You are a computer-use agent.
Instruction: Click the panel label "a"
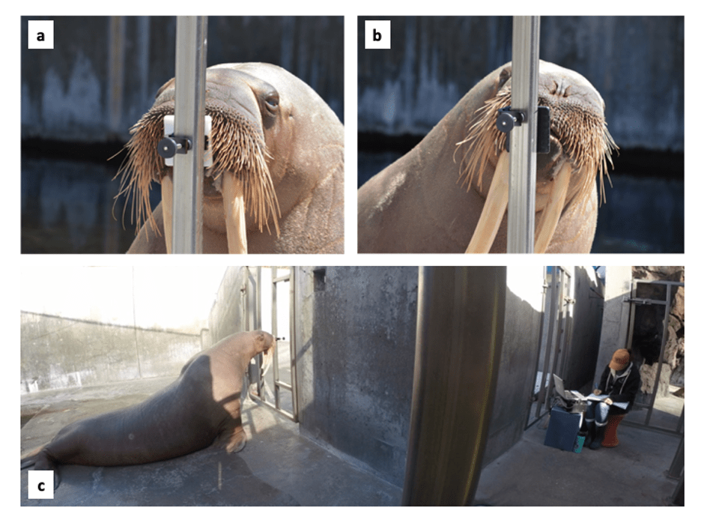click(40, 35)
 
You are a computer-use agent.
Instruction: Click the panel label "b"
click(377, 35)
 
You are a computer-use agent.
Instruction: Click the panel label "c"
click(40, 486)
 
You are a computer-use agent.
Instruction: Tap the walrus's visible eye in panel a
click(270, 103)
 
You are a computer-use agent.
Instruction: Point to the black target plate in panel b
click(543, 130)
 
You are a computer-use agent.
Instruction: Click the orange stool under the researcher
click(613, 429)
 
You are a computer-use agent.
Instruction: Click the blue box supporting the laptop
click(563, 427)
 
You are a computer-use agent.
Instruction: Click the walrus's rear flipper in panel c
click(38, 461)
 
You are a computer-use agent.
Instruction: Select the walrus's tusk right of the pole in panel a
click(234, 213)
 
